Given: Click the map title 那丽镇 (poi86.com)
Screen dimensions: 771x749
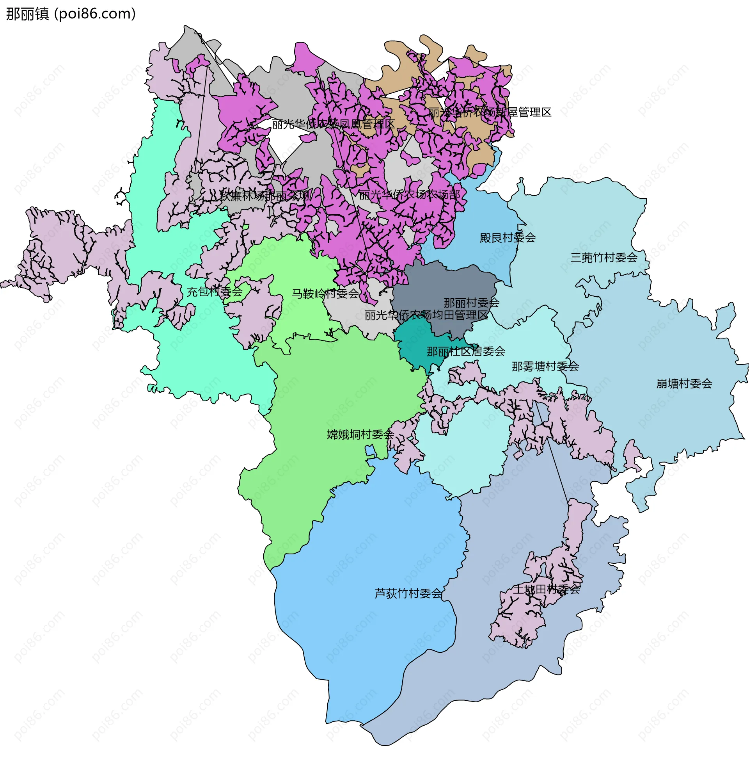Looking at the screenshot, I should (x=71, y=14).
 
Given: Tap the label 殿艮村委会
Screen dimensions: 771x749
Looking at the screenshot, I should (x=508, y=238).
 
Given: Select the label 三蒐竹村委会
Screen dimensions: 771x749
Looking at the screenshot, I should (x=604, y=258).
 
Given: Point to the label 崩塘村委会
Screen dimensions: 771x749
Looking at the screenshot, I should (x=684, y=384).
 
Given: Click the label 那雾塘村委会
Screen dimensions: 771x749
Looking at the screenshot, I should (x=545, y=367).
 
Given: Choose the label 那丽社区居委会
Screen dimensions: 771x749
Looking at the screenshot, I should (x=466, y=351).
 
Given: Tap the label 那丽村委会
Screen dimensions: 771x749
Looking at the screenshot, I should (x=472, y=303).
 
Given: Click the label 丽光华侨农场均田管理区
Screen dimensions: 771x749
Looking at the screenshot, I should (x=426, y=315).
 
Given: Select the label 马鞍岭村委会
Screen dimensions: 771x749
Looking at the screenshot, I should (x=325, y=294).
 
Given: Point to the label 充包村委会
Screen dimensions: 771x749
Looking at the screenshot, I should (x=215, y=292).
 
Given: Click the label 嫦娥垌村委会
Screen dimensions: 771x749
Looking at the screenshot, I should (x=360, y=434).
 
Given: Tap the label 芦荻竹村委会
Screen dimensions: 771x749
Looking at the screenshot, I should (x=408, y=594).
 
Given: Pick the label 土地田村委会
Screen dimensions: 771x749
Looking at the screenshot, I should (x=546, y=589).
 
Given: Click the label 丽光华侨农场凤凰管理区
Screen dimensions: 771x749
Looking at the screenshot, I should (x=333, y=125).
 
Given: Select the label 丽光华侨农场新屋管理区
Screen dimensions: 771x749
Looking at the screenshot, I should (x=490, y=112).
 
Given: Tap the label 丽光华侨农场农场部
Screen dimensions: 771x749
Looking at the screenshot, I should (x=409, y=194).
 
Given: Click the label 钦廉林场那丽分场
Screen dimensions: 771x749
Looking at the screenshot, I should (x=264, y=196).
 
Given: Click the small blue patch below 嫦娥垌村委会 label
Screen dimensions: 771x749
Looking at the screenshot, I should (x=370, y=450).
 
